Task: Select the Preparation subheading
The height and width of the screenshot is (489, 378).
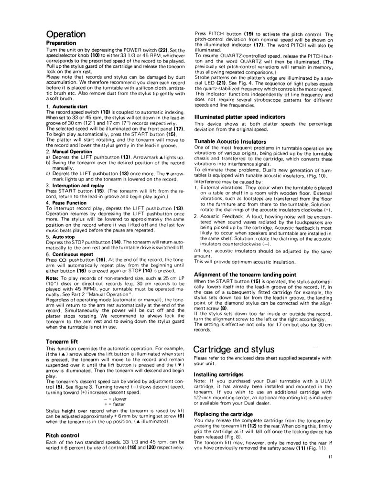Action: tap(64, 43)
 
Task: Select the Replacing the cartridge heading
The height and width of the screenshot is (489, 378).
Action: tap(223, 414)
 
